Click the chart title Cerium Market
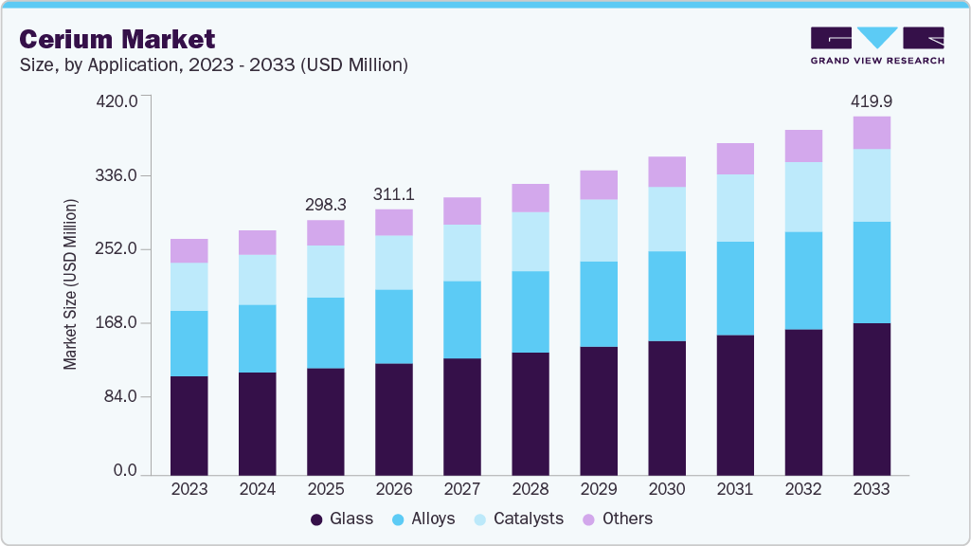tap(117, 39)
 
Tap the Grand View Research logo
tap(876, 45)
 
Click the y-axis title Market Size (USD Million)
tap(71, 284)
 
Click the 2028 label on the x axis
tap(530, 489)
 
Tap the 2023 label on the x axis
tap(189, 489)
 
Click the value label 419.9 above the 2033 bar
tap(872, 100)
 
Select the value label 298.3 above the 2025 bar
tap(325, 204)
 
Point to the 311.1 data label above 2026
tap(393, 193)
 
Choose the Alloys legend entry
tap(423, 519)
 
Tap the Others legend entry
tap(617, 519)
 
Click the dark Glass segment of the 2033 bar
tap(872, 398)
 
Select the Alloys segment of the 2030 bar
tap(667, 296)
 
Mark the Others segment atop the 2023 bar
tap(189, 250)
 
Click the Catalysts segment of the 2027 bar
tap(461, 252)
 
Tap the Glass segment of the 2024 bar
tap(257, 423)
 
